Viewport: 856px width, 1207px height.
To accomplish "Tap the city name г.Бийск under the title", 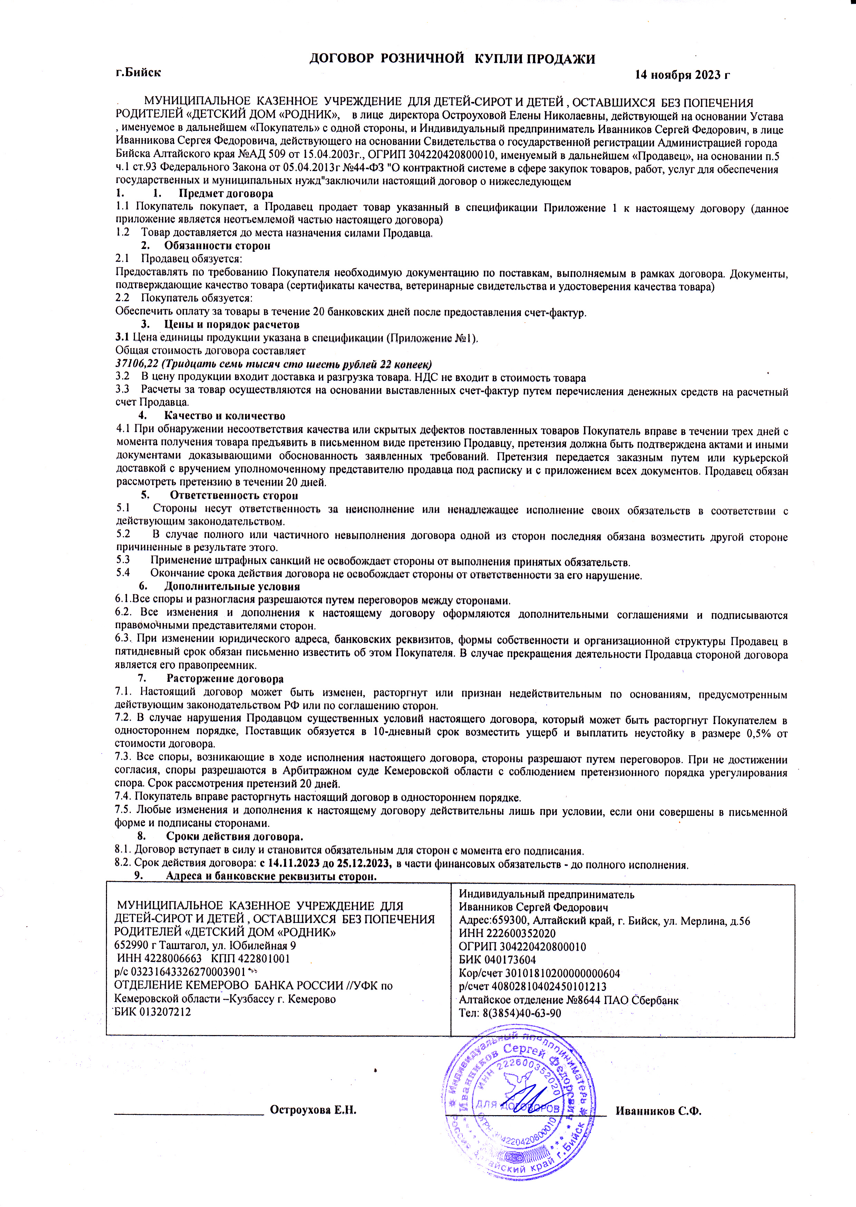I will click(138, 72).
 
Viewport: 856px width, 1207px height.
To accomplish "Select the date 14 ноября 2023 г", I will click(682, 75).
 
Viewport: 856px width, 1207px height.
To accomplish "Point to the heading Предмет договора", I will click(226, 194).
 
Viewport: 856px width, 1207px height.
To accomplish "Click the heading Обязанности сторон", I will click(217, 245).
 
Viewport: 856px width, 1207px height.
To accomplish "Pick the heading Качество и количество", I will click(225, 416).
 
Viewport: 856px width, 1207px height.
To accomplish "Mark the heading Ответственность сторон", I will click(234, 495).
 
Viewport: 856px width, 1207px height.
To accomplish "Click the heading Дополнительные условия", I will click(232, 586).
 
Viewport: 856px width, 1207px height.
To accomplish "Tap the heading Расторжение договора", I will click(225, 679).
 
